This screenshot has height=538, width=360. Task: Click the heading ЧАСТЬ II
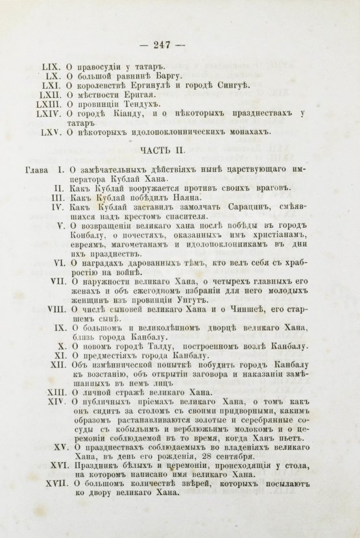pos(180,151)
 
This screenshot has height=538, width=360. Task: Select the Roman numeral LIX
pos(51,67)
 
